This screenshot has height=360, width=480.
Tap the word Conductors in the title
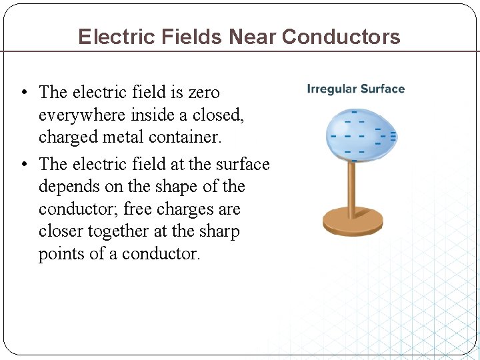(341, 36)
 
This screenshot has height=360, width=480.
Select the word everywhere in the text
(79, 115)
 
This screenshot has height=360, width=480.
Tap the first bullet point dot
(23, 93)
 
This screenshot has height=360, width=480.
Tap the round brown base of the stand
(353, 221)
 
